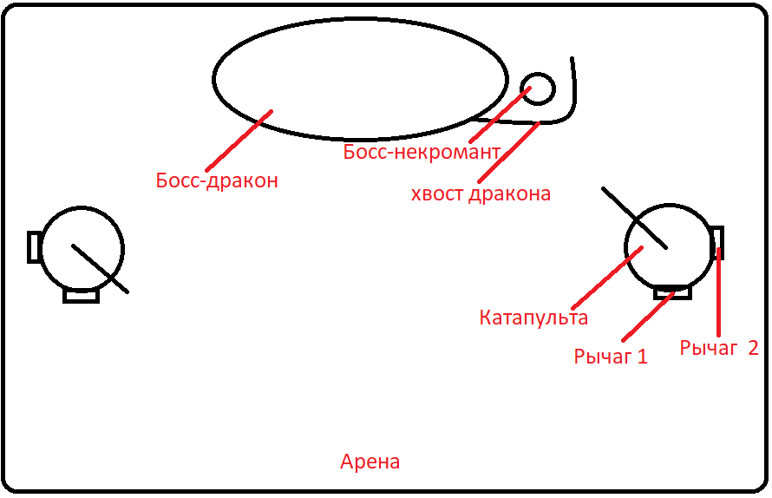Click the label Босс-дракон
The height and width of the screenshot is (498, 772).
pos(217,180)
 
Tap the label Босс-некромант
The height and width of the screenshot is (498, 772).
pos(422,152)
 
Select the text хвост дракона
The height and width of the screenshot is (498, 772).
pos(481,193)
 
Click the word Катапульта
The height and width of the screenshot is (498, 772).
pos(533,318)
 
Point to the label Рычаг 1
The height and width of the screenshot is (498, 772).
pos(611,356)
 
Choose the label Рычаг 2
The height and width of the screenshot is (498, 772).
pos(719,348)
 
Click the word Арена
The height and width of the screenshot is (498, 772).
pos(370,462)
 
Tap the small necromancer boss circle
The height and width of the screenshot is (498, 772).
pos(538,88)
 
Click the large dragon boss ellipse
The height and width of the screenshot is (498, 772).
pos(360,79)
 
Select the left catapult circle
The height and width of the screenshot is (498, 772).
pos(82,249)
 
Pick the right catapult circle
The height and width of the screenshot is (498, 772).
pos(669,246)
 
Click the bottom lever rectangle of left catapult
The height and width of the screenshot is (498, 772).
pos(82,296)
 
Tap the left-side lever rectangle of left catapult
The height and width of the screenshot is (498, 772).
pos(35,246)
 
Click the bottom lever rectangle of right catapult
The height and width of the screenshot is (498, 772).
pos(672,292)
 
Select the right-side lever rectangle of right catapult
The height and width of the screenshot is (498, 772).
pos(718,243)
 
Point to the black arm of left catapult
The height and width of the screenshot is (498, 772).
pos(100,268)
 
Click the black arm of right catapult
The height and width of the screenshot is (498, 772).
pos(635,218)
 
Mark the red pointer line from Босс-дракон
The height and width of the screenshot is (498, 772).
pos(239,141)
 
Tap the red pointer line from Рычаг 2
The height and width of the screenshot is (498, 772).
pos(719,292)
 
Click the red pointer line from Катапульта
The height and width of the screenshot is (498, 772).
pos(607,278)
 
